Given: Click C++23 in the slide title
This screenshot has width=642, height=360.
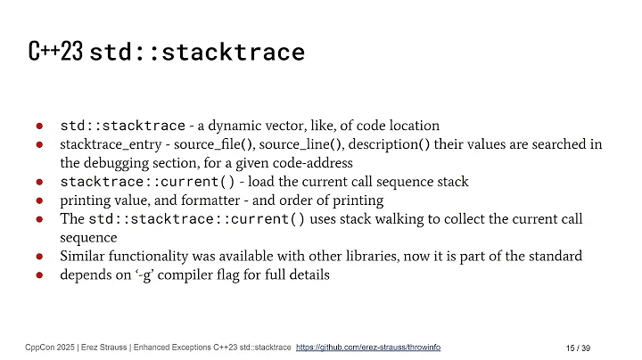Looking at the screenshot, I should click(x=55, y=53).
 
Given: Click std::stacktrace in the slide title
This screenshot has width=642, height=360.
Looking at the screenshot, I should click(x=197, y=53).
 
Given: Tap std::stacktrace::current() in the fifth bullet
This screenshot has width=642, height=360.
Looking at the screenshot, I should click(x=197, y=219).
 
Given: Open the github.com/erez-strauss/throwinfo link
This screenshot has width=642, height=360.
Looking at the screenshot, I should click(x=367, y=347).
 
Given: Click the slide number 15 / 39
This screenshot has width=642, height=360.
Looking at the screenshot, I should click(x=581, y=347).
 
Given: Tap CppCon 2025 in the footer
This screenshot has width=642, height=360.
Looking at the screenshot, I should click(x=45, y=347).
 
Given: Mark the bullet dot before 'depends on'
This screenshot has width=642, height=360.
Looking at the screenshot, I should click(x=41, y=275).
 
